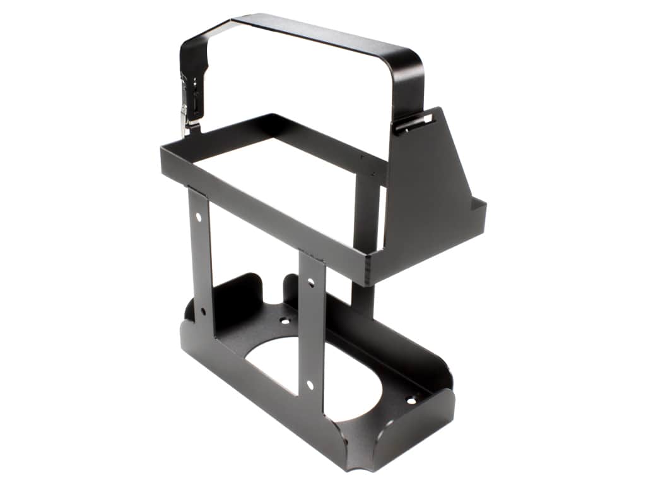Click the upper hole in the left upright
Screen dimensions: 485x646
click(x=199, y=217)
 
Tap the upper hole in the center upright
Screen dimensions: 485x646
click(x=310, y=282)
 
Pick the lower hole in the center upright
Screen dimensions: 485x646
click(x=310, y=383)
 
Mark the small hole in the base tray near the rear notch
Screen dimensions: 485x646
click(x=285, y=321)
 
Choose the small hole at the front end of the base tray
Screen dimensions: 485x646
click(x=411, y=400)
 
